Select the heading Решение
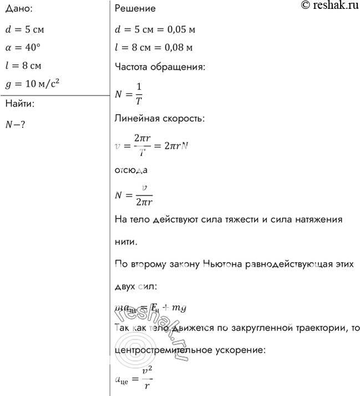pos(135,9)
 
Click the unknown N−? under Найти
pos(16,124)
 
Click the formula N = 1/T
pos(128,93)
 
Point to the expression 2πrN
pos(176,146)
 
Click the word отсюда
pos(130,171)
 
